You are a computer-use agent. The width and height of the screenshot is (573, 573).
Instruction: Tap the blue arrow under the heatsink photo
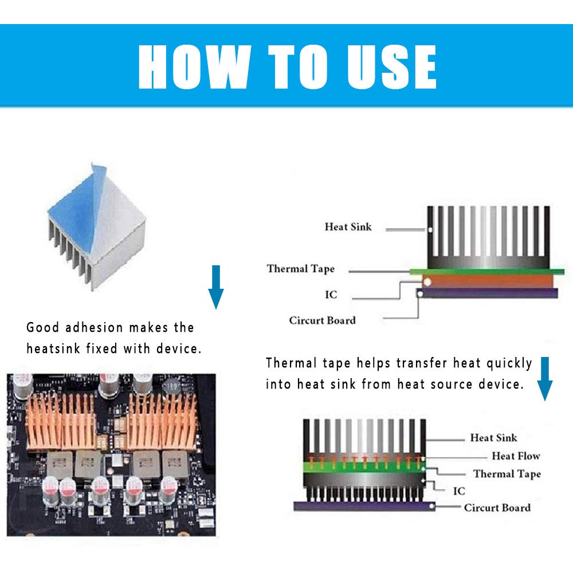point(215,286)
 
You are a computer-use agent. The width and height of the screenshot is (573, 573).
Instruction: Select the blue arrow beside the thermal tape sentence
point(544,378)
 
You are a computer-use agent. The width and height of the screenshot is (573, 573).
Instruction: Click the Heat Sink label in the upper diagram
point(348,227)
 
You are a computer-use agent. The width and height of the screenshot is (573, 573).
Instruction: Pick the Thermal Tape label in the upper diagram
point(300,269)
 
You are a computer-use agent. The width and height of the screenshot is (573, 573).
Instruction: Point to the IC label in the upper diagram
point(331,295)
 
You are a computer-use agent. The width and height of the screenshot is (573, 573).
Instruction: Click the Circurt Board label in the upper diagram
point(322,320)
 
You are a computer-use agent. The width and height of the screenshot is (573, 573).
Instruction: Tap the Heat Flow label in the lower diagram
point(516,456)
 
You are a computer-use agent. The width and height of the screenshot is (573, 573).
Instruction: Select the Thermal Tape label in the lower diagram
point(507,474)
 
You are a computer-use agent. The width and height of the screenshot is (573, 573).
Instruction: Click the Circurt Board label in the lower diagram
point(497,508)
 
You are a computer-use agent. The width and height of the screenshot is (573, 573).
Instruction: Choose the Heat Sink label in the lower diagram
point(493,438)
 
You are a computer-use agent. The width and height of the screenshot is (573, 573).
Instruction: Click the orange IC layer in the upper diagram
point(487,280)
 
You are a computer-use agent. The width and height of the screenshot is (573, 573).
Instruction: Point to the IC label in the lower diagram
point(458,491)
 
